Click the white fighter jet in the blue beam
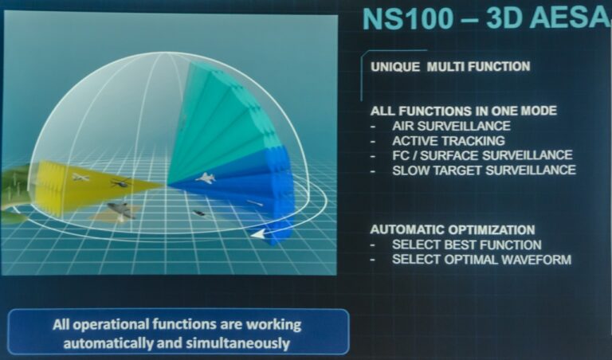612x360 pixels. coord(206,178)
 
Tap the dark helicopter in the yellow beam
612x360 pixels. coord(120,182)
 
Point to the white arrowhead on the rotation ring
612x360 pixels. coord(257,234)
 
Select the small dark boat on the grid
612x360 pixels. coord(198,213)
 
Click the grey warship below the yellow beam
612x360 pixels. coord(119,209)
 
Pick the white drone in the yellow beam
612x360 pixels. coord(80,178)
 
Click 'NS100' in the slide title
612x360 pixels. coord(408,18)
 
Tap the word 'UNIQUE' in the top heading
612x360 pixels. coord(395,67)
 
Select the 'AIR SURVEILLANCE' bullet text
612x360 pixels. coord(451,126)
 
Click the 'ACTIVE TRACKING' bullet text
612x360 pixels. coord(449,140)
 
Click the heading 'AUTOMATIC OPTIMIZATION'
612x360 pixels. coord(453,229)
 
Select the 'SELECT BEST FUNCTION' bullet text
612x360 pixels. coord(467,245)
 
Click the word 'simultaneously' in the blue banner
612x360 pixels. coord(237,343)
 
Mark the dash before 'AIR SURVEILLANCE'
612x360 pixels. coord(374,127)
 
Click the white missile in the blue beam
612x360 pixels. coord(254,203)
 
